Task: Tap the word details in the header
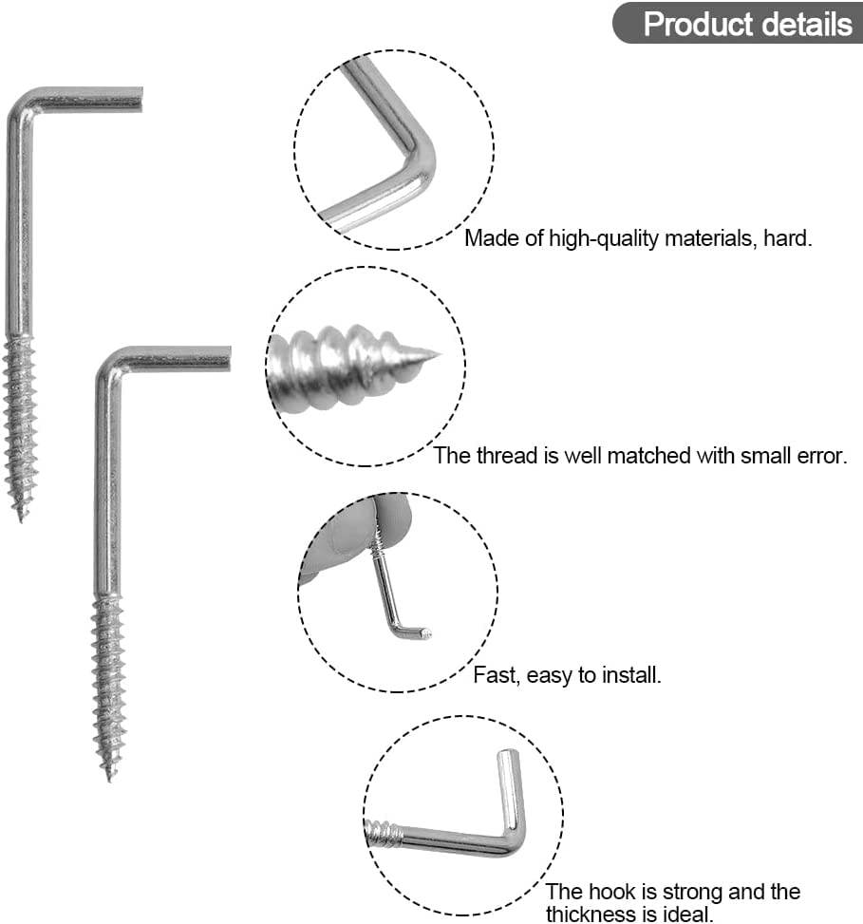[x=801, y=24]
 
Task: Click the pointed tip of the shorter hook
[x=20, y=518]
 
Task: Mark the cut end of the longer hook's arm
[x=228, y=359]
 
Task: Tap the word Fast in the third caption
[x=494, y=676]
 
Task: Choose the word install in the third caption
[x=630, y=676]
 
